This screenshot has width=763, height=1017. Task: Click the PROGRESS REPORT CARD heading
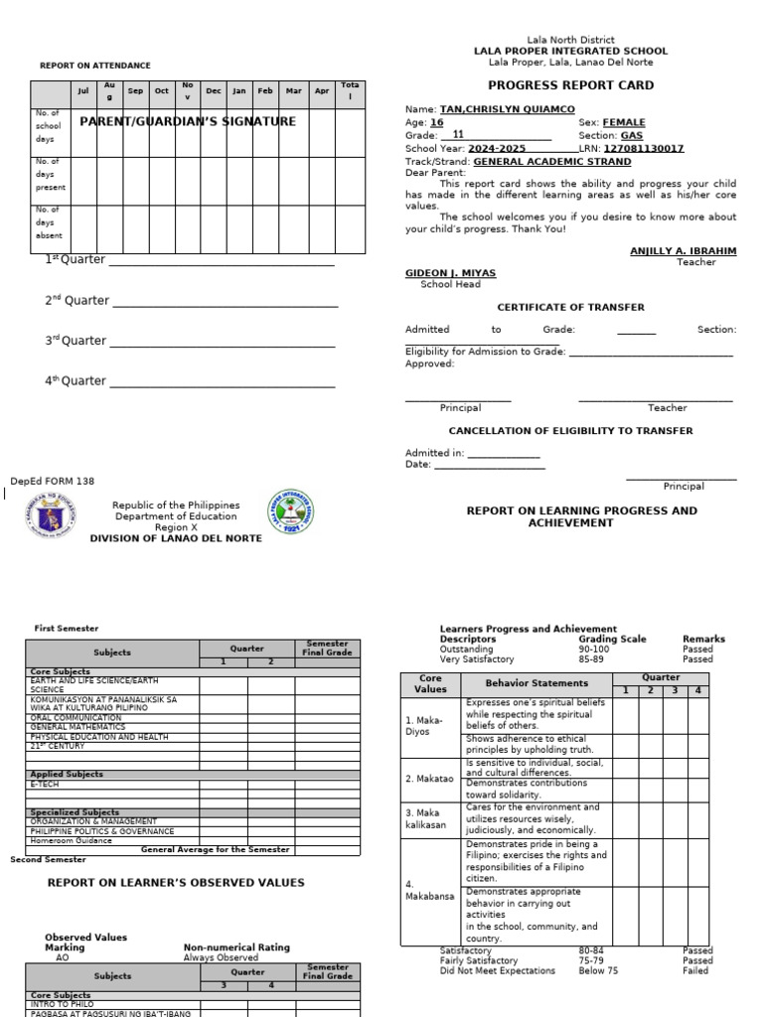[570, 85]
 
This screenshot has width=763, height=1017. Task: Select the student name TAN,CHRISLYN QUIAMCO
[507, 109]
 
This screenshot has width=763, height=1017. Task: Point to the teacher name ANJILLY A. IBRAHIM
[683, 251]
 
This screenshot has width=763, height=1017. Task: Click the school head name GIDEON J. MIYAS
[450, 272]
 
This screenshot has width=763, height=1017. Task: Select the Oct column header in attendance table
[161, 91]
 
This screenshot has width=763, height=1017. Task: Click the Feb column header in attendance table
[264, 91]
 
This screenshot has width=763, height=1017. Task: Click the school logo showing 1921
[297, 515]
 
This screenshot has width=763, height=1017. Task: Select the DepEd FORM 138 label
[53, 481]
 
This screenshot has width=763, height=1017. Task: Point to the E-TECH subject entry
[46, 784]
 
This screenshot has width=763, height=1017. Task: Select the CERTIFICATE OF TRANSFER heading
[570, 307]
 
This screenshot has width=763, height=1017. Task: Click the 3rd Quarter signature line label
[76, 341]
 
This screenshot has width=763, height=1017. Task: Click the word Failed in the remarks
[696, 970]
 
